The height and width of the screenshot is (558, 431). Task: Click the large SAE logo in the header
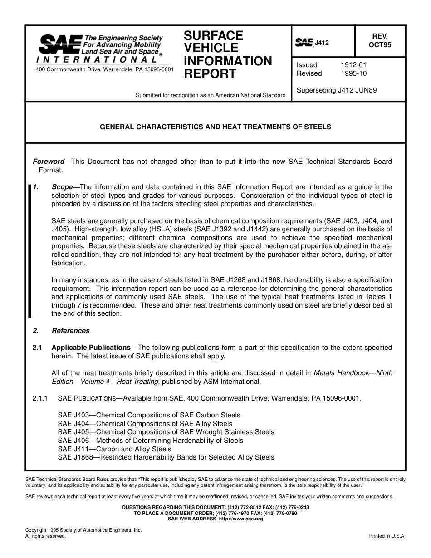(60, 44)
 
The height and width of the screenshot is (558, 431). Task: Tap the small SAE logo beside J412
(304, 43)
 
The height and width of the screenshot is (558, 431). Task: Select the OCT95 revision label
(380, 45)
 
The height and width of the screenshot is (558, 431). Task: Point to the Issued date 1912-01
(353, 65)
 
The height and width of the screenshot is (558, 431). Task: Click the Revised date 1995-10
(353, 73)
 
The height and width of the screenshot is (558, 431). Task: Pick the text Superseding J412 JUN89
(336, 90)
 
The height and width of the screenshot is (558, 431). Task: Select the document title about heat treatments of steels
(215, 127)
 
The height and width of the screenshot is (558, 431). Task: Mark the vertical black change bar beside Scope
(30, 251)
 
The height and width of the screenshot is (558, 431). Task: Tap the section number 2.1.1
(40, 398)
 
